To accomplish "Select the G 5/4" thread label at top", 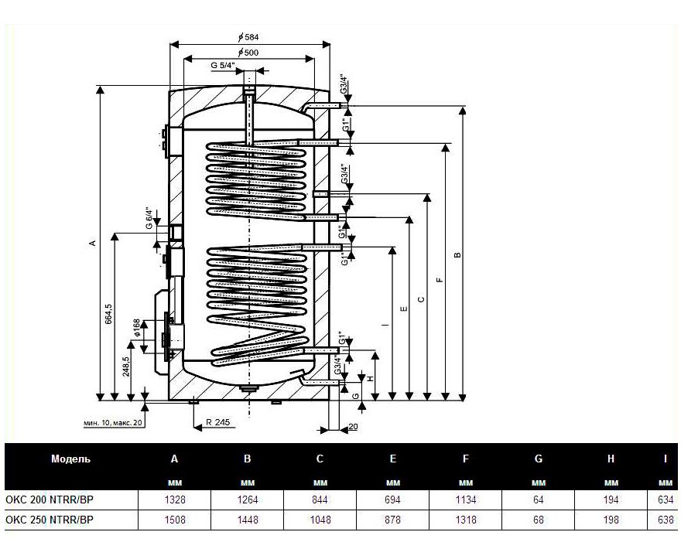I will click(x=224, y=66).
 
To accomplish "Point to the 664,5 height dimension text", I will click(x=109, y=315).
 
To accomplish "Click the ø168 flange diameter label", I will click(x=136, y=329).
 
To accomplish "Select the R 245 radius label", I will click(x=219, y=423).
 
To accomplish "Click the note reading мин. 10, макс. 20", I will click(x=113, y=424).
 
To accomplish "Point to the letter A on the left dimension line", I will click(x=93, y=244).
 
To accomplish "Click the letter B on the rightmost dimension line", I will click(x=457, y=254).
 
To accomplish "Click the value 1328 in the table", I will click(x=174, y=500).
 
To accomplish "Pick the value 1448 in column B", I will click(x=247, y=520).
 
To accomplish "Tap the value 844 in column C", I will click(x=320, y=500).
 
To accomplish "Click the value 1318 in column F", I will click(x=465, y=520).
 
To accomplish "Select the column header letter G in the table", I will click(x=538, y=459).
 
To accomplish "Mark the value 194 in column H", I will click(x=611, y=500).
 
